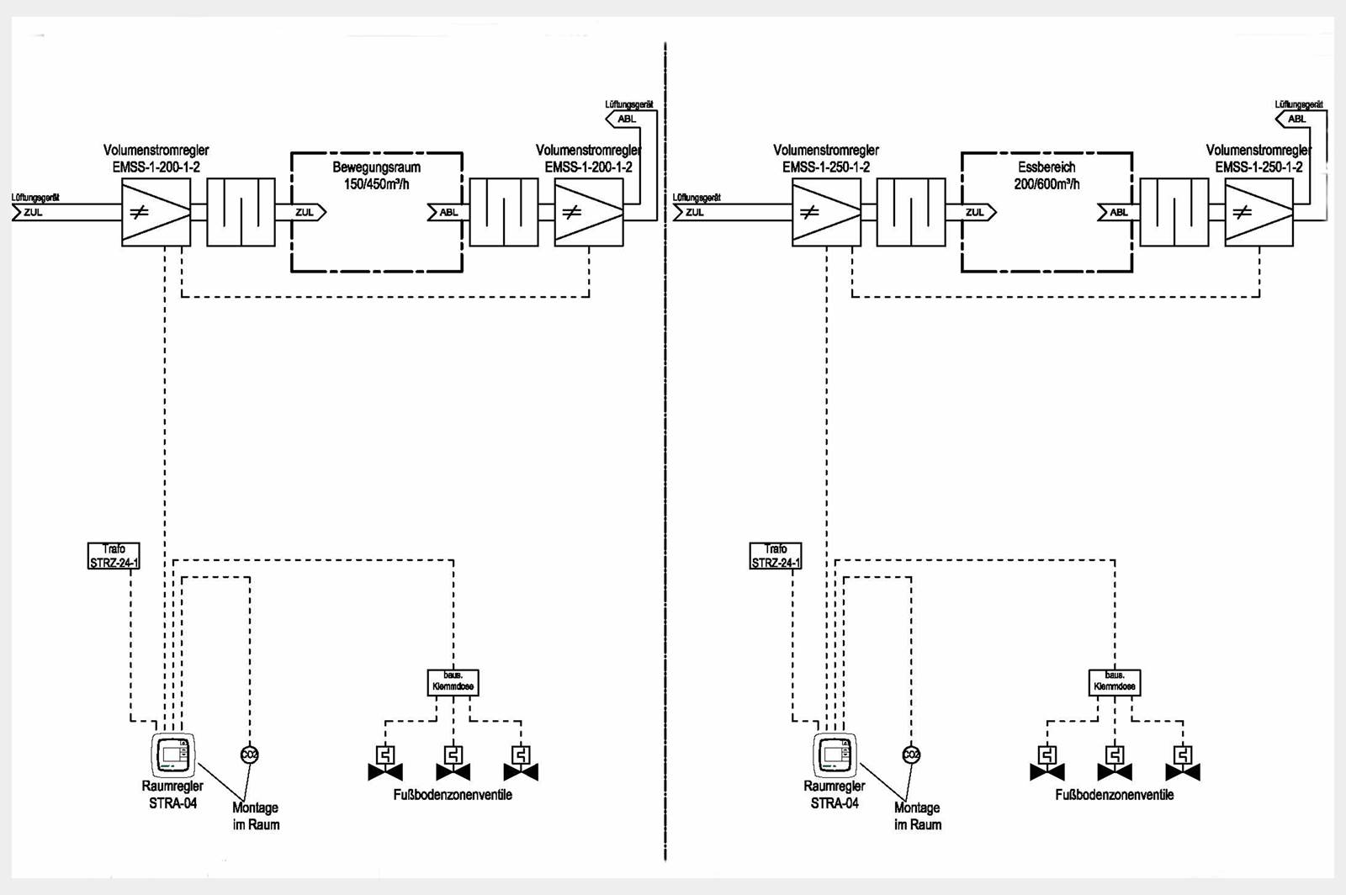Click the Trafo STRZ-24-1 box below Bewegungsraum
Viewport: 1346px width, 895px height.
[114, 556]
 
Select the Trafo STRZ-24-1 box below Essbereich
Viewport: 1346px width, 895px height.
[775, 556]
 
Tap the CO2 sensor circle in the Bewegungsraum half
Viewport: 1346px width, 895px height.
[249, 755]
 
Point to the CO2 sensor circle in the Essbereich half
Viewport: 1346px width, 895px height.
[911, 755]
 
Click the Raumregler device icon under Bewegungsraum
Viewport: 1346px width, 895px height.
[173, 755]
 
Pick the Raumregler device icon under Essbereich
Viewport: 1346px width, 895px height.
[835, 755]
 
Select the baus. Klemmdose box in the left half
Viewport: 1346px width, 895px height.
[453, 681]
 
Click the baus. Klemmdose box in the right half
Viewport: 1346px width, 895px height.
[1114, 681]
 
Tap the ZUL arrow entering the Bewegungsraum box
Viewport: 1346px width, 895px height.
[307, 212]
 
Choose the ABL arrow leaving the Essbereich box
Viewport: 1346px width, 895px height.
[1115, 212]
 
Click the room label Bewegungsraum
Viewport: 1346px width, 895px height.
[376, 167]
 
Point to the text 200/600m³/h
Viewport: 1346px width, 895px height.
[1047, 183]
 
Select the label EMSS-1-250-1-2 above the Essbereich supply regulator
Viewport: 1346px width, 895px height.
[826, 167]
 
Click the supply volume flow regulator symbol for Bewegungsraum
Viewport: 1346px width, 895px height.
[156, 212]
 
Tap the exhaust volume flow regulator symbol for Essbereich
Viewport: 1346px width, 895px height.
[1259, 212]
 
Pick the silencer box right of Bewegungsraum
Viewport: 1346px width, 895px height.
[504, 212]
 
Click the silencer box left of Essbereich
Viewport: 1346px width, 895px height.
[910, 212]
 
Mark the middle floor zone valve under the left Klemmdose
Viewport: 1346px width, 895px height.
[453, 763]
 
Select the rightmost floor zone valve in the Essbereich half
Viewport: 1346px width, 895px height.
[1183, 763]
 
